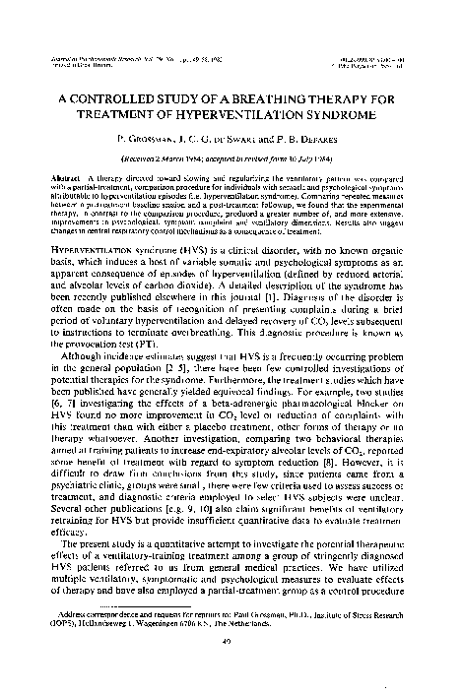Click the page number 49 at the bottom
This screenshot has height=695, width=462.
(x=231, y=662)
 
